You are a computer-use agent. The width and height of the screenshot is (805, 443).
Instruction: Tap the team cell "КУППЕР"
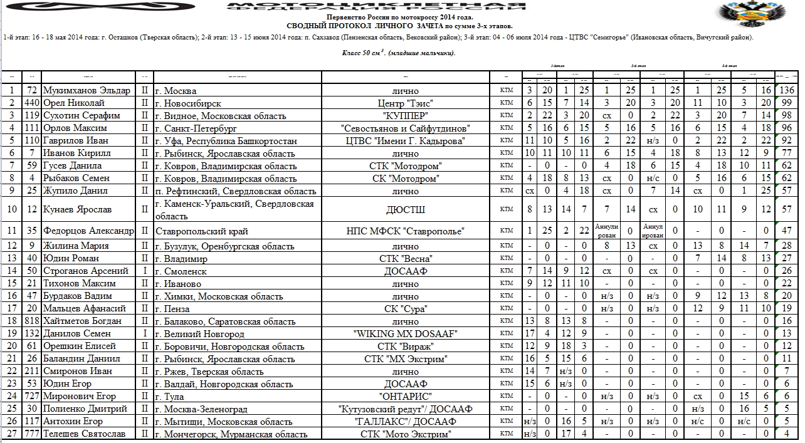405,116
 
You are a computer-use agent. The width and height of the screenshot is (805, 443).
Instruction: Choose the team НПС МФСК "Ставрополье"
405,231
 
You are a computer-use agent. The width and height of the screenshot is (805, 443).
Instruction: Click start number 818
32,321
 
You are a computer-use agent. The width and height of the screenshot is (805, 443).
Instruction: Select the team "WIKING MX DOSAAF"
405,334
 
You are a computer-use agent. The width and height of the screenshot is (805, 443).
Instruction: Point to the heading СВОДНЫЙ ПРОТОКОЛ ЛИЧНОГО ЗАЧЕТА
399,26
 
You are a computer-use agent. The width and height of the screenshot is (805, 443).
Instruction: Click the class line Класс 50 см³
399,53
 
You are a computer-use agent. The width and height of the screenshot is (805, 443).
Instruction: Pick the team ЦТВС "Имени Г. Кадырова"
405,141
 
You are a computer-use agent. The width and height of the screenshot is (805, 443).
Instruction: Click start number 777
32,434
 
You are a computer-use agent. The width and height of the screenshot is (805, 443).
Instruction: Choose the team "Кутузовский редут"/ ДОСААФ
405,409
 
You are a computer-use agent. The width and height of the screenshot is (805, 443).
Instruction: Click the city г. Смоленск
181,271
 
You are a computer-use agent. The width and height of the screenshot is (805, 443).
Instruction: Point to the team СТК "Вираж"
405,347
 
